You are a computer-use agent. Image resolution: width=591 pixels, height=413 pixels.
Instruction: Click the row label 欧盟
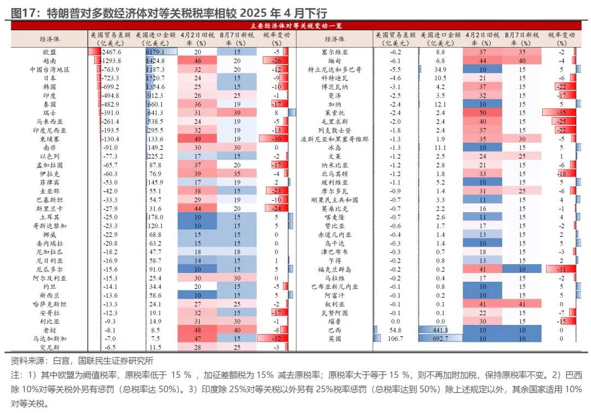pyautogui.click(x=49, y=52)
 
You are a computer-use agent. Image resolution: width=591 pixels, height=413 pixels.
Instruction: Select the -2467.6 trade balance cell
pyautogui.click(x=111, y=52)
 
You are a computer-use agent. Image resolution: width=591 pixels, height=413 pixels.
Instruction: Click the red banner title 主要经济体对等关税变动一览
pyautogui.click(x=296, y=26)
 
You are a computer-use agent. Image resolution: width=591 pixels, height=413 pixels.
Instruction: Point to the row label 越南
pyautogui.click(x=49, y=61)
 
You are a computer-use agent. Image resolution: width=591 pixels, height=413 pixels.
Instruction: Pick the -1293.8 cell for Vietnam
pyautogui.click(x=111, y=61)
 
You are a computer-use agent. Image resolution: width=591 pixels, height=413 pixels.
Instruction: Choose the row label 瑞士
pyautogui.click(x=49, y=113)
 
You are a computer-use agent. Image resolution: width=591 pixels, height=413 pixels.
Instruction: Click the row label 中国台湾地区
pyautogui.click(x=49, y=69)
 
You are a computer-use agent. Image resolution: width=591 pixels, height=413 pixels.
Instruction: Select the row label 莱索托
pyautogui.click(x=334, y=113)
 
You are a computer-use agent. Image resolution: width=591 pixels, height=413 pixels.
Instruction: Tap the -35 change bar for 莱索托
pyautogui.click(x=559, y=113)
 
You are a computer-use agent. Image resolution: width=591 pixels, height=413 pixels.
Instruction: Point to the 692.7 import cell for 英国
pyautogui.click(x=440, y=339)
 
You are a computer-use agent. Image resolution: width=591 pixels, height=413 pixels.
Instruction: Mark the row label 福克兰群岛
pyautogui.click(x=334, y=270)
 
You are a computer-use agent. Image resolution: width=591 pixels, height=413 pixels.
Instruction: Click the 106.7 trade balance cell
pyautogui.click(x=396, y=339)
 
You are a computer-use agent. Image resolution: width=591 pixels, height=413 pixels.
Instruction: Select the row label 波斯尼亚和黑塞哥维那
pyautogui.click(x=334, y=139)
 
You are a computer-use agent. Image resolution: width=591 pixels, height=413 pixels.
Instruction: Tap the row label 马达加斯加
pyautogui.click(x=49, y=339)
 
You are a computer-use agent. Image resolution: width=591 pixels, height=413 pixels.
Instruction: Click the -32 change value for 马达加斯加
pyautogui.click(x=276, y=339)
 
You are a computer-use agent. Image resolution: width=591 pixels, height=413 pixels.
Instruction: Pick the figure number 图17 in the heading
pyautogui.click(x=24, y=14)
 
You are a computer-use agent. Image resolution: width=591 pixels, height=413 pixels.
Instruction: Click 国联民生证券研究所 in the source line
pyautogui.click(x=115, y=360)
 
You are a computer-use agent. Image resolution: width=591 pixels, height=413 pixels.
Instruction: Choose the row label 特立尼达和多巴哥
pyautogui.click(x=334, y=69)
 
